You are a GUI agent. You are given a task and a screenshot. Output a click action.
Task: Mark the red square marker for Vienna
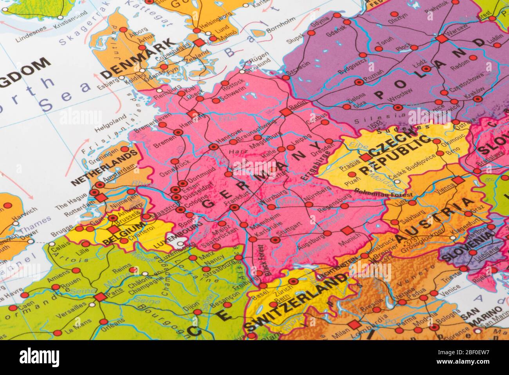(x=458, y=181)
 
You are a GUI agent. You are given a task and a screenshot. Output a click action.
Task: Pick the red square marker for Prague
(x=365, y=158)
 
